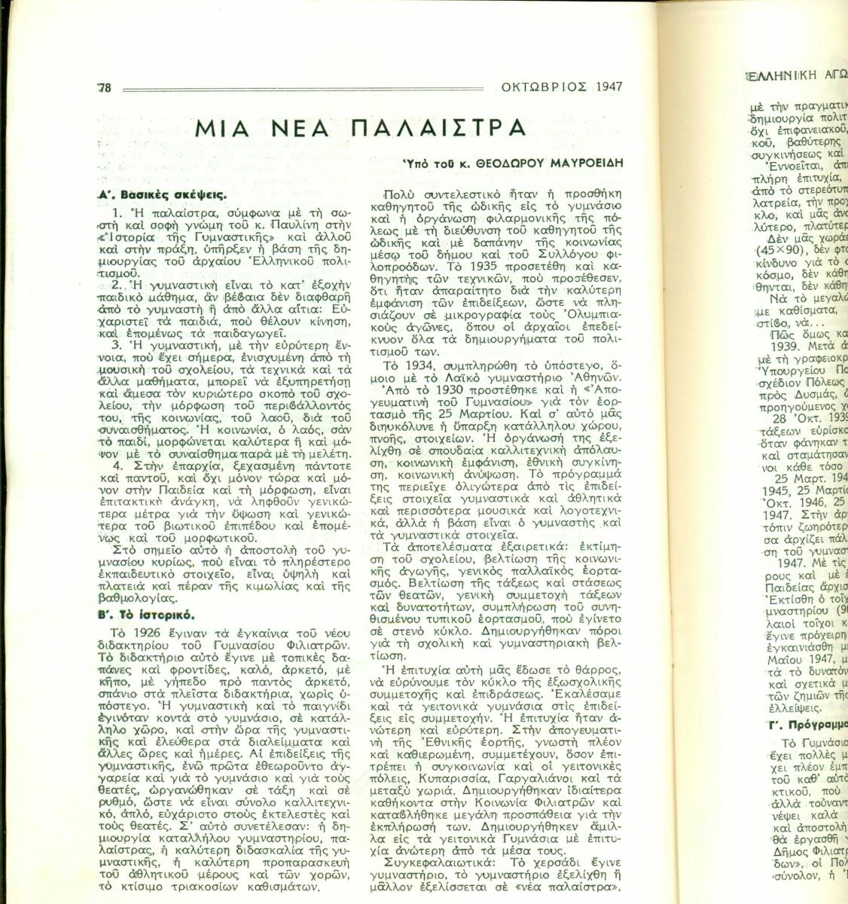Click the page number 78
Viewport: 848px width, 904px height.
pos(104,87)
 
